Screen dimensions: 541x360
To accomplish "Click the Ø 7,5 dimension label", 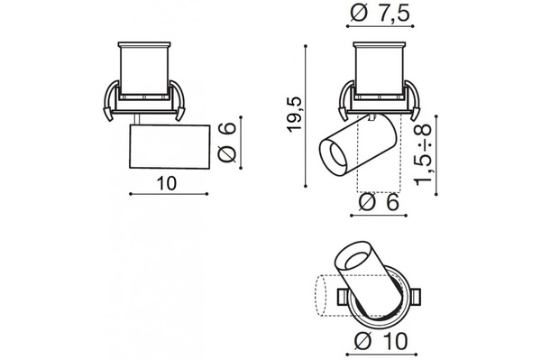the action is pos(380,14).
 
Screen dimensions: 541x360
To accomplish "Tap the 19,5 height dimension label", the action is pos(295,114).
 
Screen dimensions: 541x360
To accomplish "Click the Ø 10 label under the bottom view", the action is pos(381,341).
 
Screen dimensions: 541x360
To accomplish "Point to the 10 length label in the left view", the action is pos(167,183).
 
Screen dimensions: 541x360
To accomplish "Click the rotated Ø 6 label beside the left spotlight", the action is pos(227,143).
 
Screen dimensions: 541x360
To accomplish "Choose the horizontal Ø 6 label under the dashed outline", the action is pos(380,202).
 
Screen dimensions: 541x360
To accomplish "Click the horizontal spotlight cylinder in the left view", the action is pos(170,147).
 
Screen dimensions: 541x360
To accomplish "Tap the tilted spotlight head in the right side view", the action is pos(358,144).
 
